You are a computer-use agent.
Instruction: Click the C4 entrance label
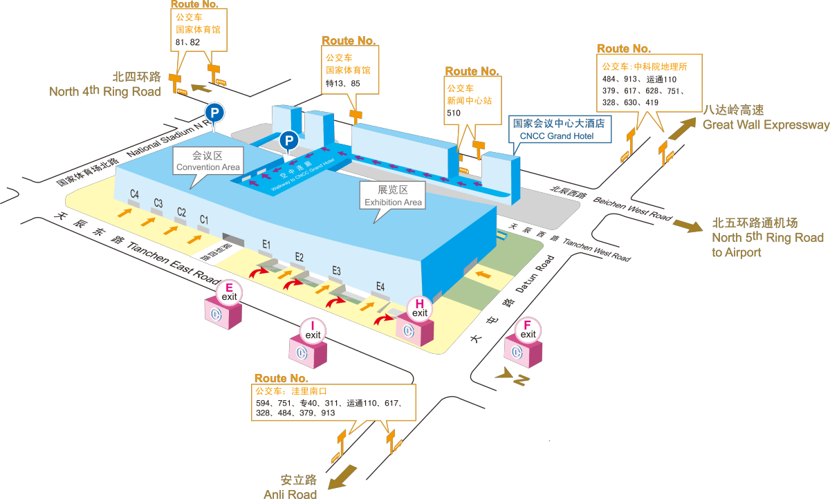[134, 194]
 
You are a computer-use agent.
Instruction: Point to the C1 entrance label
[203, 220]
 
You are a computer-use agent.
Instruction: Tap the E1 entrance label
[266, 244]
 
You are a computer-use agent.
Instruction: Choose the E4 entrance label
[380, 286]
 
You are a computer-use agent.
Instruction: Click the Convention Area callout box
[207, 161]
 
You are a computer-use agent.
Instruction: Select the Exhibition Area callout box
[393, 196]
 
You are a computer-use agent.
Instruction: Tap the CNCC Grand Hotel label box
[559, 129]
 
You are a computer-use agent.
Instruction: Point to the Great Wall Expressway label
[764, 117]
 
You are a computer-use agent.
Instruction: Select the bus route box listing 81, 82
[199, 28]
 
